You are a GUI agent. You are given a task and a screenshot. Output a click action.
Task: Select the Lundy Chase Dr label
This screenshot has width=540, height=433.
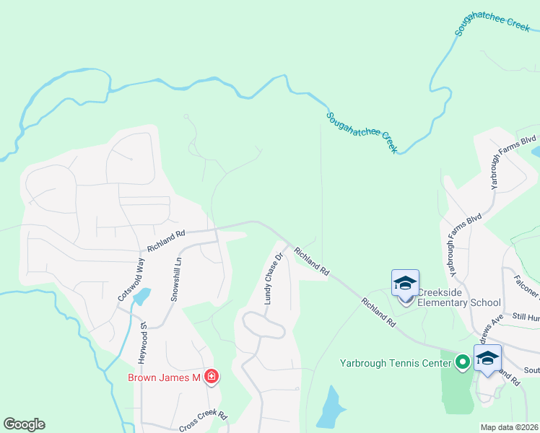click(x=271, y=278)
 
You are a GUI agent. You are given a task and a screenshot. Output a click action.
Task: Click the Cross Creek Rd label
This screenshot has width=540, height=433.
click(x=203, y=421)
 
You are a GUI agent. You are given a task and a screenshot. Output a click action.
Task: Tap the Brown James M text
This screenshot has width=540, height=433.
click(x=163, y=377)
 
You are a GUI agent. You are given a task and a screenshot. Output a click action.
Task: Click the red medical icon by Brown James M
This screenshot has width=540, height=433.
click(x=212, y=377)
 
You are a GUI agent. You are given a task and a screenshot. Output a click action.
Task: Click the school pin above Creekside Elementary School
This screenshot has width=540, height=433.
click(x=405, y=283)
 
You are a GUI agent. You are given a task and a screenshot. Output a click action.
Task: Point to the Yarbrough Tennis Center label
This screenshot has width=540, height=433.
click(x=396, y=362)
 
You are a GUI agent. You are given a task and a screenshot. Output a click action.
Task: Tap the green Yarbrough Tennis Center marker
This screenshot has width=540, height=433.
click(x=462, y=362)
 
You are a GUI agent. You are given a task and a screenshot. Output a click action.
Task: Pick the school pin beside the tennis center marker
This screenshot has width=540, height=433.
click(x=487, y=359)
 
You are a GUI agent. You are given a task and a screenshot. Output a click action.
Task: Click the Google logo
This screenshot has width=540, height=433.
click(x=24, y=424)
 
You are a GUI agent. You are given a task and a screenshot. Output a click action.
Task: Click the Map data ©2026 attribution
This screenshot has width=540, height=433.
click(x=510, y=427)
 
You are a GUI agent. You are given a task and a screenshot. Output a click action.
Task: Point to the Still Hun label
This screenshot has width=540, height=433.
click(x=525, y=316)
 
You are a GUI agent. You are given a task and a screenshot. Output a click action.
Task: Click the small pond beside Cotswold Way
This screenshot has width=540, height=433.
click(x=142, y=297)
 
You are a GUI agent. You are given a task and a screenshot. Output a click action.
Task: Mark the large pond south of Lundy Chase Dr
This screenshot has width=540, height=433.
click(x=330, y=408)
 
